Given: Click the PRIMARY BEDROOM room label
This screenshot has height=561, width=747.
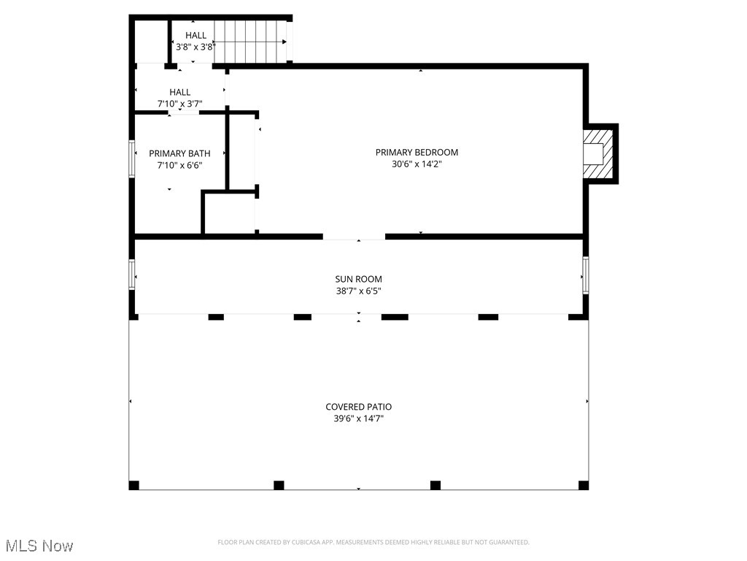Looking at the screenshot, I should coord(417,153).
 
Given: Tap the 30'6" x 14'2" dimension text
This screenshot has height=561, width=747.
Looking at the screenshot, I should coord(417,164).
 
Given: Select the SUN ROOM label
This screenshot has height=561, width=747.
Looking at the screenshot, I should coord(358,279).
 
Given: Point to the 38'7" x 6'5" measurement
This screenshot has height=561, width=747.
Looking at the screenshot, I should coord(358,291).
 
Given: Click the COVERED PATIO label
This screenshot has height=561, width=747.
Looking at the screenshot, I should coord(358,407).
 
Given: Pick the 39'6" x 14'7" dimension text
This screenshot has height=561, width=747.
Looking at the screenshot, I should coord(358,419).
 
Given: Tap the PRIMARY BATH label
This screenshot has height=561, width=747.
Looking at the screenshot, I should coord(179,153).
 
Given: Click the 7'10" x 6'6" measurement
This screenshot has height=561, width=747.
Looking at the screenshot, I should coord(179,165).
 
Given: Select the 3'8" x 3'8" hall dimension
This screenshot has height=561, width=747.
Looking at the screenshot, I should coord(195,47).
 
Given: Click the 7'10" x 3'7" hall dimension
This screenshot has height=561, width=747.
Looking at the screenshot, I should coord(179,104).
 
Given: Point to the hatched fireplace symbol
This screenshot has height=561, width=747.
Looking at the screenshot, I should coord(600,153).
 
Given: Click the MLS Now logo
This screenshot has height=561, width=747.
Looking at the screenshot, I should coord(39,546).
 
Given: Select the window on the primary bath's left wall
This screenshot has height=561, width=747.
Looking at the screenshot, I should coord(132,159).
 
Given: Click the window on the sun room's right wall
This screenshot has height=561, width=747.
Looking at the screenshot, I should coord(585,275).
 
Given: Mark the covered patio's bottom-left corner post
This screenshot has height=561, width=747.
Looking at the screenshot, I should coord(133,485).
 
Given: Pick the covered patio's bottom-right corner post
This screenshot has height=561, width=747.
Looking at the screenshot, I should coord(583,485).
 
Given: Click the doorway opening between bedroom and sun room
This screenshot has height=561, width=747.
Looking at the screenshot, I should coord(354,237).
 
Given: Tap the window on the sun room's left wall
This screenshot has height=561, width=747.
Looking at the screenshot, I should coord(132,275).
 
